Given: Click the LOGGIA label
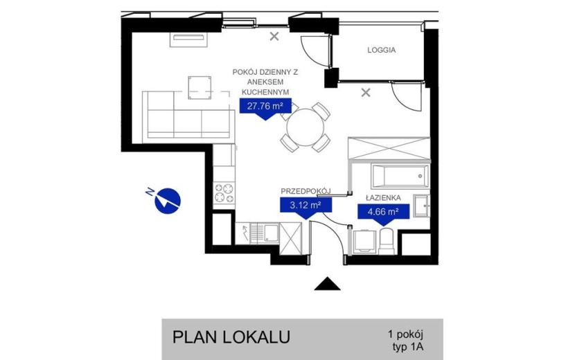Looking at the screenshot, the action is coord(382,50).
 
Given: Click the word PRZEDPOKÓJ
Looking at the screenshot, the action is coord(306,191).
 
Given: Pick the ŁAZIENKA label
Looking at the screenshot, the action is coord(384,198).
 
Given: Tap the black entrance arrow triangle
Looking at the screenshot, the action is coord(327,283).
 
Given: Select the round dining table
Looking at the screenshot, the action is coord(306,127).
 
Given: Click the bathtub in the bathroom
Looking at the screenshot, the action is coord(400,177).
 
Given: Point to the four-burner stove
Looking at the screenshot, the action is coord(224,192).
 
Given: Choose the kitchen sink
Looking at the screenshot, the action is coord(267,233).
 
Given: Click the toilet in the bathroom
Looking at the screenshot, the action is coord(386,241).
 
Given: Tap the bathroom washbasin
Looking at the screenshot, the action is coord(422,206).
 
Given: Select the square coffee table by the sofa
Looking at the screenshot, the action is coord(200,88).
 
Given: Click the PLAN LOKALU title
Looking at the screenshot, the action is coord(231,337).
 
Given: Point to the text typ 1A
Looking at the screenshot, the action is coord(408,347).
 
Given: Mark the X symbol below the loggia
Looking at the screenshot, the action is coord(366,93).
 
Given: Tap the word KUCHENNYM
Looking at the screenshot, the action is coord(265,92).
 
